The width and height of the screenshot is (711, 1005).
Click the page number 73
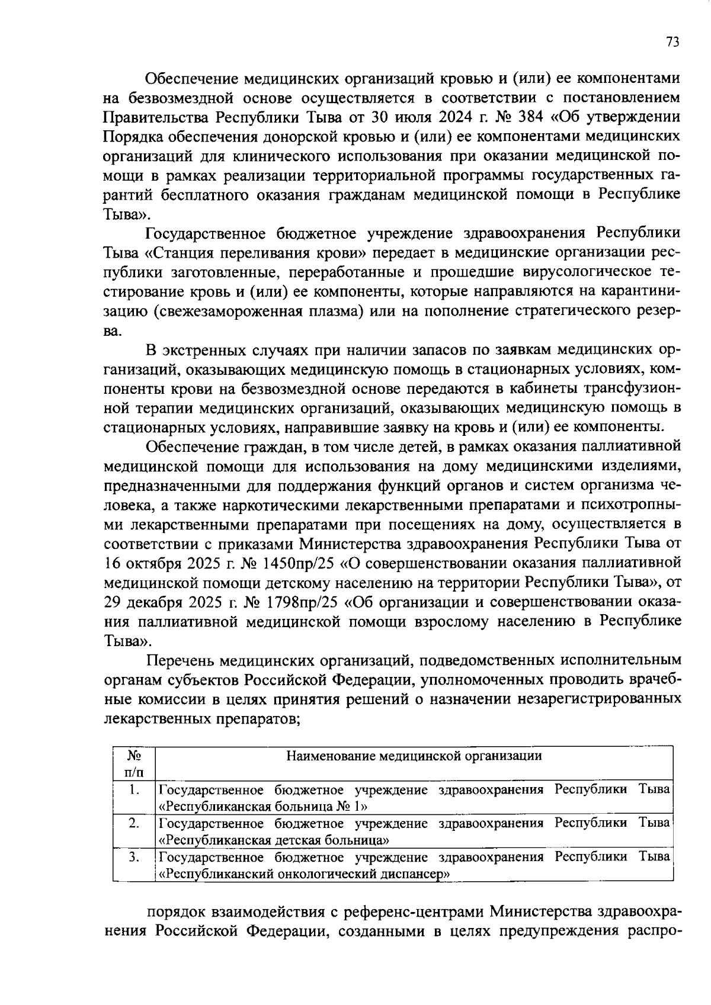pos(672,41)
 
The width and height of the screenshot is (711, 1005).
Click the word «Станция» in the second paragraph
pos(180,253)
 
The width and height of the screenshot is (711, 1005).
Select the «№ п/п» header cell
pos(134,763)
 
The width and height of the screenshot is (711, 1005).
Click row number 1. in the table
pos(134,789)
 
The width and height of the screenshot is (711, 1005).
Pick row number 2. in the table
pos(134,823)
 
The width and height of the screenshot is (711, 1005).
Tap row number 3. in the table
pos(134,857)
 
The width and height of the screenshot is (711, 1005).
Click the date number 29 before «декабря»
pos(111,602)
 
